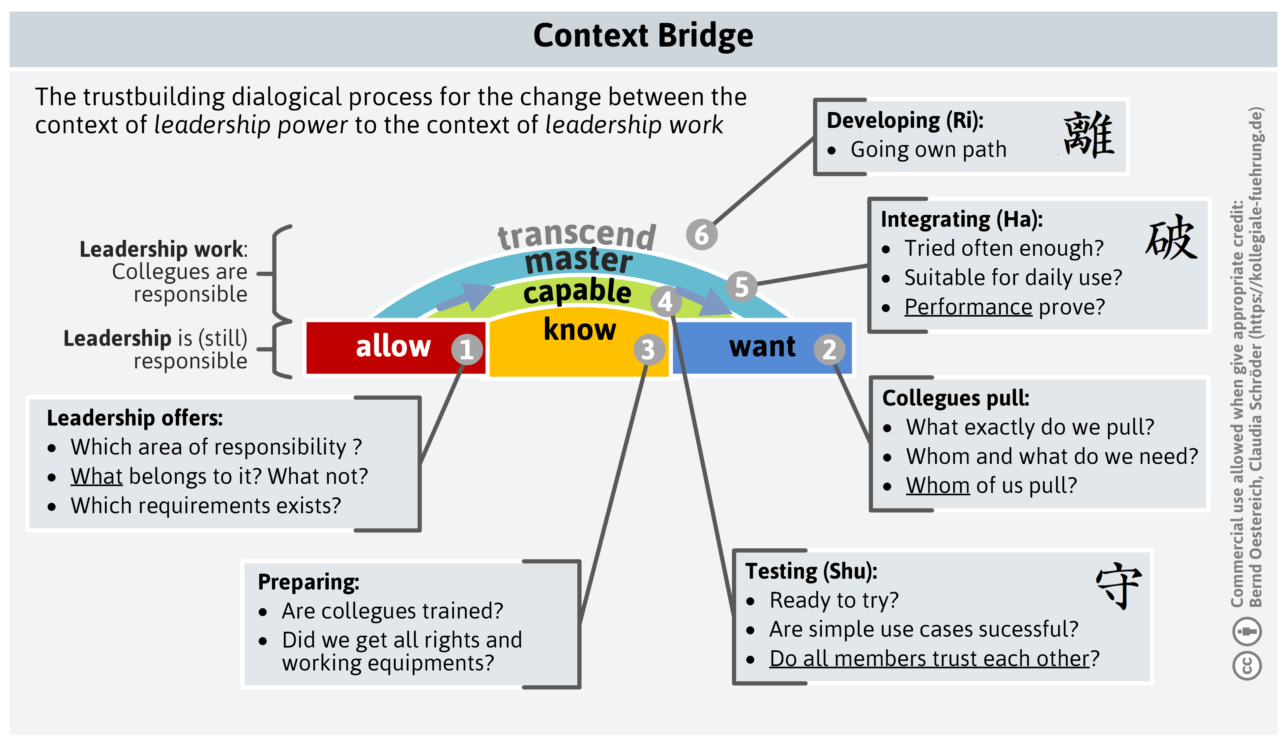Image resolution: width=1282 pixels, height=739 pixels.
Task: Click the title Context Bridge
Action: click(x=643, y=35)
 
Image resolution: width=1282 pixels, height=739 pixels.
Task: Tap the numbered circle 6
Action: click(x=701, y=235)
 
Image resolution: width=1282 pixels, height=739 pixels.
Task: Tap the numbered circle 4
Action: click(x=665, y=301)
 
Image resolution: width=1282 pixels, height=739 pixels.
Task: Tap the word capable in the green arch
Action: click(x=577, y=291)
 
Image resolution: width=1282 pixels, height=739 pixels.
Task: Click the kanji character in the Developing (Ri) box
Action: click(x=1088, y=135)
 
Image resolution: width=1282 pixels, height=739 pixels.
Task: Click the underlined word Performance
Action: click(x=968, y=306)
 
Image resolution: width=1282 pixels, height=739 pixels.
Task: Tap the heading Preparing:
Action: click(x=308, y=582)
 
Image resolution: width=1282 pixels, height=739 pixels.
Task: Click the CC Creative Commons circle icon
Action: click(x=1247, y=665)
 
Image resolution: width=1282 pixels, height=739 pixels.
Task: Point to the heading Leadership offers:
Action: click(x=135, y=418)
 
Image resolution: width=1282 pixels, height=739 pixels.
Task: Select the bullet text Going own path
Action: click(x=928, y=150)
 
